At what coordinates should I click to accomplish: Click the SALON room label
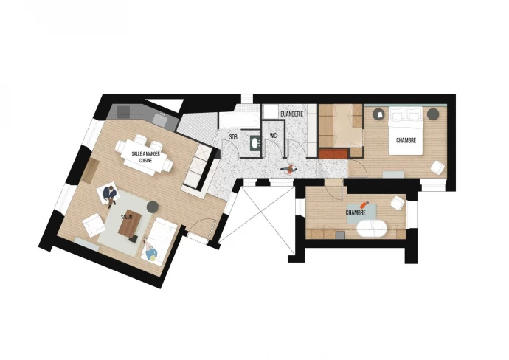[127, 217]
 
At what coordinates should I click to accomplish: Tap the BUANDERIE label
[291, 114]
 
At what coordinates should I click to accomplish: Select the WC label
[273, 136]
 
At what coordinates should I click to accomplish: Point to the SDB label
[233, 137]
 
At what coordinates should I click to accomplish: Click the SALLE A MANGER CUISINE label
[146, 157]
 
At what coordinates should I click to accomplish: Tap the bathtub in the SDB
[239, 121]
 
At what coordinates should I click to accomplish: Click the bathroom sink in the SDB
[255, 143]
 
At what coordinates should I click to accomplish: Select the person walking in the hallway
[289, 169]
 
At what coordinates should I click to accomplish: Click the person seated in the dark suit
[110, 195]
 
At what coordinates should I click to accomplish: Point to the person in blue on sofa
[151, 252]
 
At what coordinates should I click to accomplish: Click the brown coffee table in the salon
[130, 225]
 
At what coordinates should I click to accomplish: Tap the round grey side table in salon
[152, 207]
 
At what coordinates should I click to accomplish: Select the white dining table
[145, 157]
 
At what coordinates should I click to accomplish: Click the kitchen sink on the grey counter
[160, 119]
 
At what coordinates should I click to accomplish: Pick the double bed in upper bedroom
[406, 131]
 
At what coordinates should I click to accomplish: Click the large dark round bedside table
[433, 114]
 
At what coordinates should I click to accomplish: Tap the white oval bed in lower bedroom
[372, 228]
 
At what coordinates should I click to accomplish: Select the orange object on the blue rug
[364, 205]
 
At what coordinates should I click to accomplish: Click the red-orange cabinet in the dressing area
[333, 153]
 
